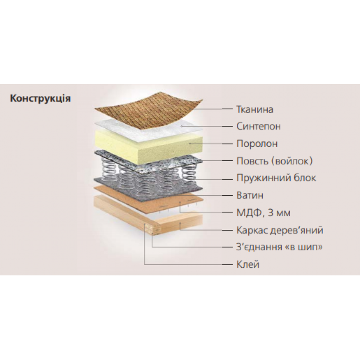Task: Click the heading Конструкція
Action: (40, 99)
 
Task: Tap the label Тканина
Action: (255, 109)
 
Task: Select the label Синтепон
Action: (258, 126)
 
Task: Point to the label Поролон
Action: (257, 144)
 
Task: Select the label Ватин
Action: (250, 195)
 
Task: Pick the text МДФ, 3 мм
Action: (264, 213)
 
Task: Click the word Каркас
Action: (252, 230)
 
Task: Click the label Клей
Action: (248, 264)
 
